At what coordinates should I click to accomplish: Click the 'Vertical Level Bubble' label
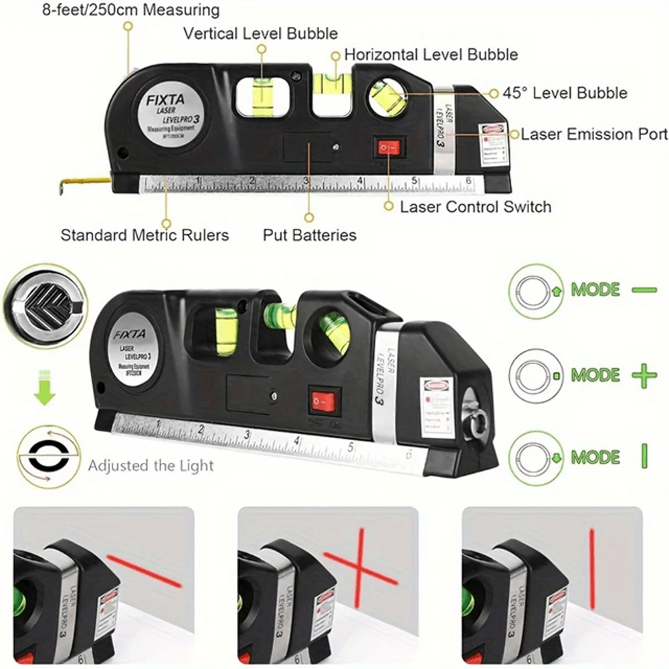pyautogui.click(x=260, y=33)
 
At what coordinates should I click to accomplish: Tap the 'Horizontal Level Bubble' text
pyautogui.click(x=431, y=54)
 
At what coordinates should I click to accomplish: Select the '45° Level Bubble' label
pyautogui.click(x=565, y=93)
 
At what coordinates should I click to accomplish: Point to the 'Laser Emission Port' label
pyautogui.click(x=594, y=134)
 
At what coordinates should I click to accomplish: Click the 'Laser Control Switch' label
pyautogui.click(x=476, y=207)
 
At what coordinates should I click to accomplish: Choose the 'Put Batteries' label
pyautogui.click(x=309, y=235)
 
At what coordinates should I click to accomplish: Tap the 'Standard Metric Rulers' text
pyautogui.click(x=145, y=235)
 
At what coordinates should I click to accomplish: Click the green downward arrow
pyautogui.click(x=44, y=392)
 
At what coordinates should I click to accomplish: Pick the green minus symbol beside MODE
pyautogui.click(x=644, y=290)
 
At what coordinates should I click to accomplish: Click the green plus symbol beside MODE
pyautogui.click(x=644, y=376)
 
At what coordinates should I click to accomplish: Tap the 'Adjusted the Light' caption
pyautogui.click(x=151, y=466)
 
